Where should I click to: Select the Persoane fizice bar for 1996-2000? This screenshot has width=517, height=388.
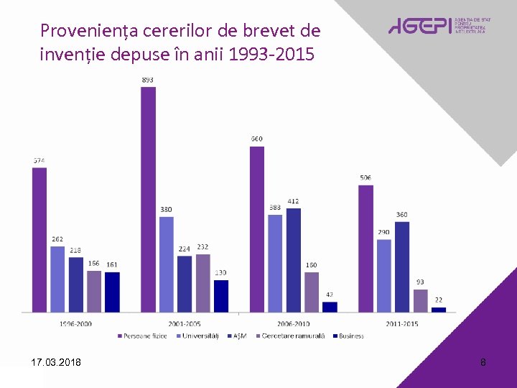(39, 239)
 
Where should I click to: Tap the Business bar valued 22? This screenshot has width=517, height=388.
(439, 310)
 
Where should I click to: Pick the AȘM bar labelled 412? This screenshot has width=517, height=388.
(293, 260)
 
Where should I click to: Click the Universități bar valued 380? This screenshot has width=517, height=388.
(167, 264)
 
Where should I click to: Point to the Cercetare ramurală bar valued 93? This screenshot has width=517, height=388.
(420, 300)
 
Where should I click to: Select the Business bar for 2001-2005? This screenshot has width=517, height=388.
(221, 295)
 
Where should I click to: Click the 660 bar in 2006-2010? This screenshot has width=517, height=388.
(257, 229)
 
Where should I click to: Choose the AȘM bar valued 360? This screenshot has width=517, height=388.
(402, 267)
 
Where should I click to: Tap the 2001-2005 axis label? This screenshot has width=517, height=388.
(185, 323)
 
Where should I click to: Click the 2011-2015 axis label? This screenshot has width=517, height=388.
(401, 323)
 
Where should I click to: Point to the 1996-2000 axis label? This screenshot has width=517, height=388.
(75, 323)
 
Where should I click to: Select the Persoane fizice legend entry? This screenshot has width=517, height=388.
(143, 336)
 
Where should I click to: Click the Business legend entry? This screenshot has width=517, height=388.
(351, 336)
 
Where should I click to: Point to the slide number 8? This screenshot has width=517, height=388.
(483, 362)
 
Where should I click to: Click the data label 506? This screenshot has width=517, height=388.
(365, 177)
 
